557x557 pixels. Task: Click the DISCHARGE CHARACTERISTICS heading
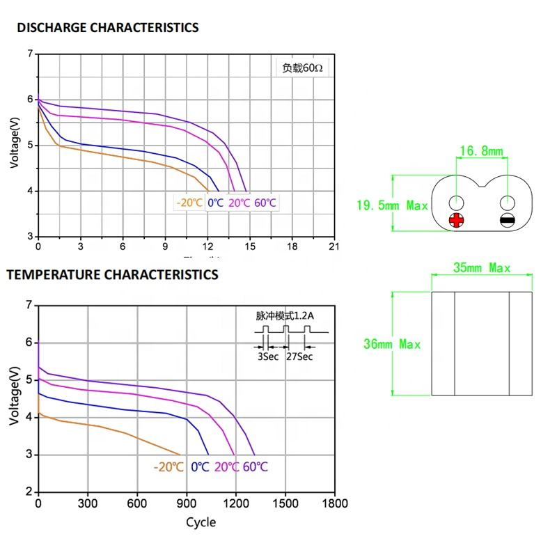(108, 28)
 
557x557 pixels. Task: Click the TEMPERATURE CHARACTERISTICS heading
(112, 274)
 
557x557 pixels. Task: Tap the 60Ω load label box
(302, 68)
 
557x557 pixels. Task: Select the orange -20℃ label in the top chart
(190, 203)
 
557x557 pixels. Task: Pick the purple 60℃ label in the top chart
(265, 203)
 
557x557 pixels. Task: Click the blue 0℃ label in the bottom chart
(200, 466)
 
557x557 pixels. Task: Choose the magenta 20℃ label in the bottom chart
(226, 466)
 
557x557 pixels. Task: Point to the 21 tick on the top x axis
(334, 246)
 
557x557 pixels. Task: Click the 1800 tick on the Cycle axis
(335, 503)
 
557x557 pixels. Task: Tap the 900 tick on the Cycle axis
(186, 503)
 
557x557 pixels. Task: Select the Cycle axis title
(201, 522)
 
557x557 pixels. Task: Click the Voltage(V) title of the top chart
(15, 143)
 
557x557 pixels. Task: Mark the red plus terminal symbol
(456, 221)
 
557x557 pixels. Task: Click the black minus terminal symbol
(508, 221)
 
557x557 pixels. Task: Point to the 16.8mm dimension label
(481, 150)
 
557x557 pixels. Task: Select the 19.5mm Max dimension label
(392, 205)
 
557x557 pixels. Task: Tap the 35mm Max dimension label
(481, 268)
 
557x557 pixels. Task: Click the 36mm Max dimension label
(392, 344)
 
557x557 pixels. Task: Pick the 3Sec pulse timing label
(268, 356)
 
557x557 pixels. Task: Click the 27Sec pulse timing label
(299, 356)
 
